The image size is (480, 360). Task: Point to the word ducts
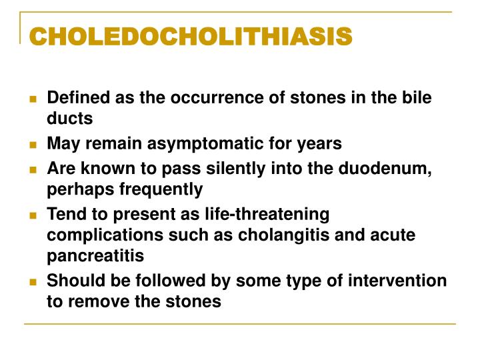click(69, 119)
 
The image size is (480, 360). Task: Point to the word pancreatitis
click(95, 256)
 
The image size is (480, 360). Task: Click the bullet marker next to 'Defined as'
click(33, 99)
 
